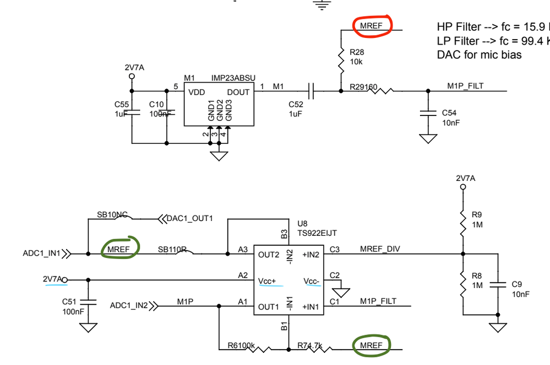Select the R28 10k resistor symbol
coord(341,61)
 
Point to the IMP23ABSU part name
coord(233,79)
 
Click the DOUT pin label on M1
coord(238,92)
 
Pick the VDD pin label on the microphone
coord(197,92)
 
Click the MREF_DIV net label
coord(380,249)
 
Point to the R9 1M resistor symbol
coord(463,223)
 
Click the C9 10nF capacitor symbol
coord(498,285)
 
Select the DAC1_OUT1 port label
coord(190,219)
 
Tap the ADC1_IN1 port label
coord(42,254)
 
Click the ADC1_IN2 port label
coord(129,305)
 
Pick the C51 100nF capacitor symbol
coord(88,302)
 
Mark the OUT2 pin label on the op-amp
coord(269,255)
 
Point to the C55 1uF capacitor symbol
coord(132,113)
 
